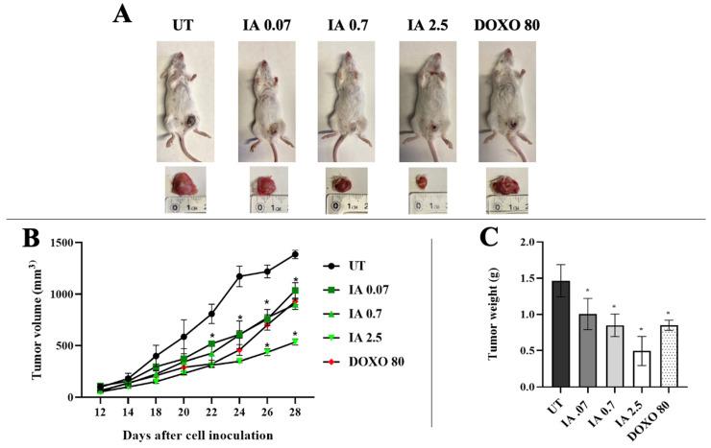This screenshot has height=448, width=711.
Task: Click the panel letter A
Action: coord(122,15)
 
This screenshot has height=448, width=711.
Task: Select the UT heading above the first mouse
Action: coord(183,24)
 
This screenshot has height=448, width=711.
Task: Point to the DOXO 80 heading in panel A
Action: coord(506,24)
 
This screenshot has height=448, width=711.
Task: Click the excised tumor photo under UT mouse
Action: coord(184,182)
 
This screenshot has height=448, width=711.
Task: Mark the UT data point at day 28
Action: coord(295,254)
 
